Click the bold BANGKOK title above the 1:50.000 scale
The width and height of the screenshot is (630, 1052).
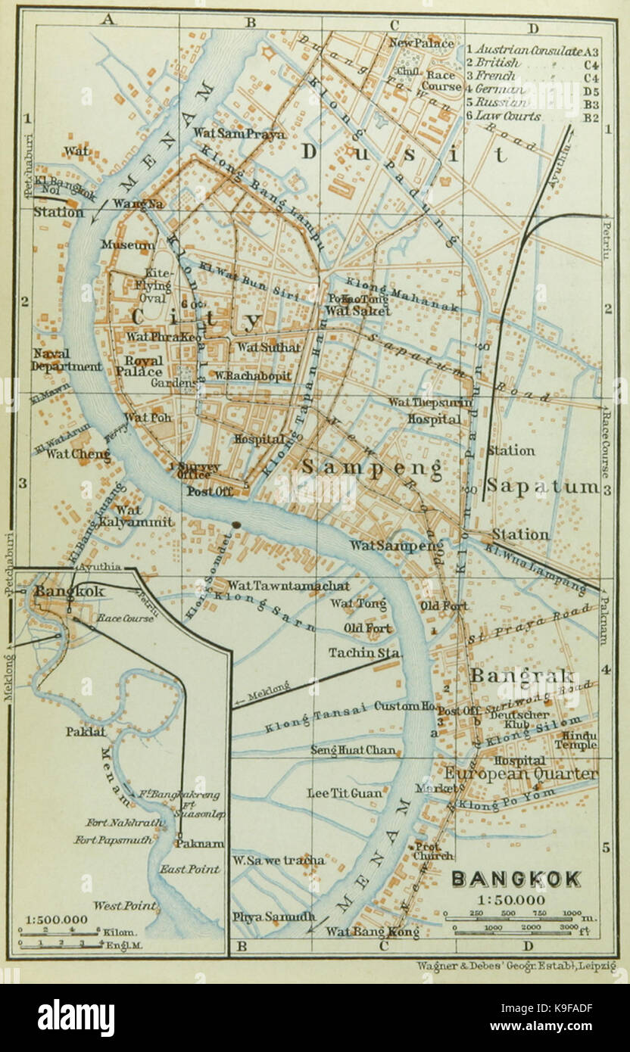click(516, 879)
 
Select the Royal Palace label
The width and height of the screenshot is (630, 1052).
click(144, 366)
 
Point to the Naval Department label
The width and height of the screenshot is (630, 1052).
click(67, 360)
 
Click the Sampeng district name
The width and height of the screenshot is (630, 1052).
click(372, 468)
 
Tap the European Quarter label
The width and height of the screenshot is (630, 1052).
click(521, 774)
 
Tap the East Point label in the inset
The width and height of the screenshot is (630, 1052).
click(189, 869)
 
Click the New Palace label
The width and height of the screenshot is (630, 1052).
click(421, 43)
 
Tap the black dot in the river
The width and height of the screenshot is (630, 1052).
click(237, 524)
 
